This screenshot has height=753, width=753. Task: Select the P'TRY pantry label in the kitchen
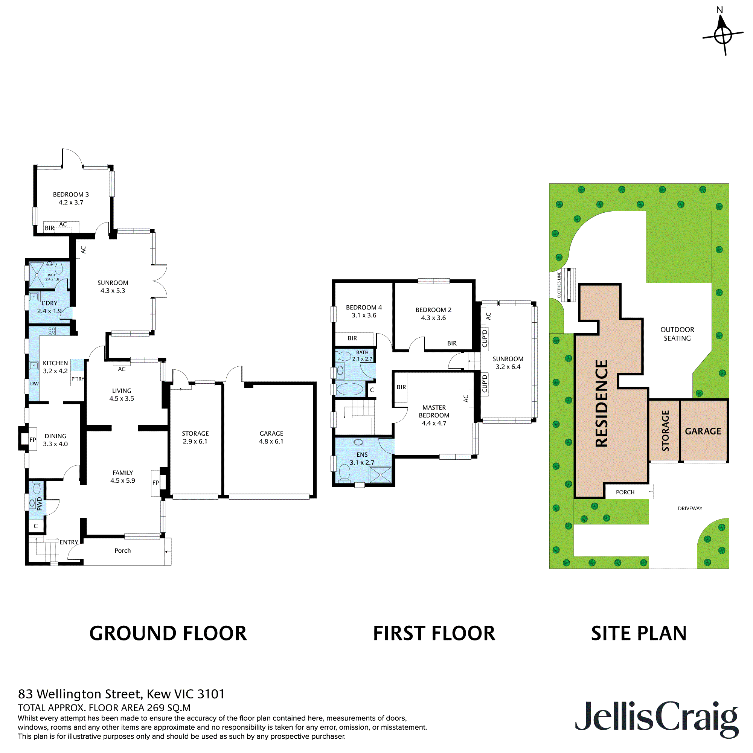[x=78, y=379]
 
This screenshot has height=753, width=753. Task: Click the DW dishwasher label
[x=34, y=384]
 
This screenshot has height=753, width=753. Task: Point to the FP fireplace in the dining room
[x=33, y=440]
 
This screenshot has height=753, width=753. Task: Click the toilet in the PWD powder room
[x=37, y=488]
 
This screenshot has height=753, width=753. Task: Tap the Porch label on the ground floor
[x=122, y=551]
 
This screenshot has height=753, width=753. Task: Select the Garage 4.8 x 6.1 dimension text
[x=271, y=442]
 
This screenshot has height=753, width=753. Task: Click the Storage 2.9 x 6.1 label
[x=195, y=437]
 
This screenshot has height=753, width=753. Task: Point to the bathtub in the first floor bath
[x=349, y=389]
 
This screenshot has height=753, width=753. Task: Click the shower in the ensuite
[x=380, y=475]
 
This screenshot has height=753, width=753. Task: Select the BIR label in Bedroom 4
[x=352, y=338]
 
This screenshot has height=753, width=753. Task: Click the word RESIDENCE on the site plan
[x=602, y=403]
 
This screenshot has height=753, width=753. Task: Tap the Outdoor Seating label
[x=677, y=334]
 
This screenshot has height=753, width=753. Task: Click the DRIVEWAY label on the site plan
[x=690, y=508]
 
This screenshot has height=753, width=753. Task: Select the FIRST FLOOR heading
[x=434, y=633]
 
